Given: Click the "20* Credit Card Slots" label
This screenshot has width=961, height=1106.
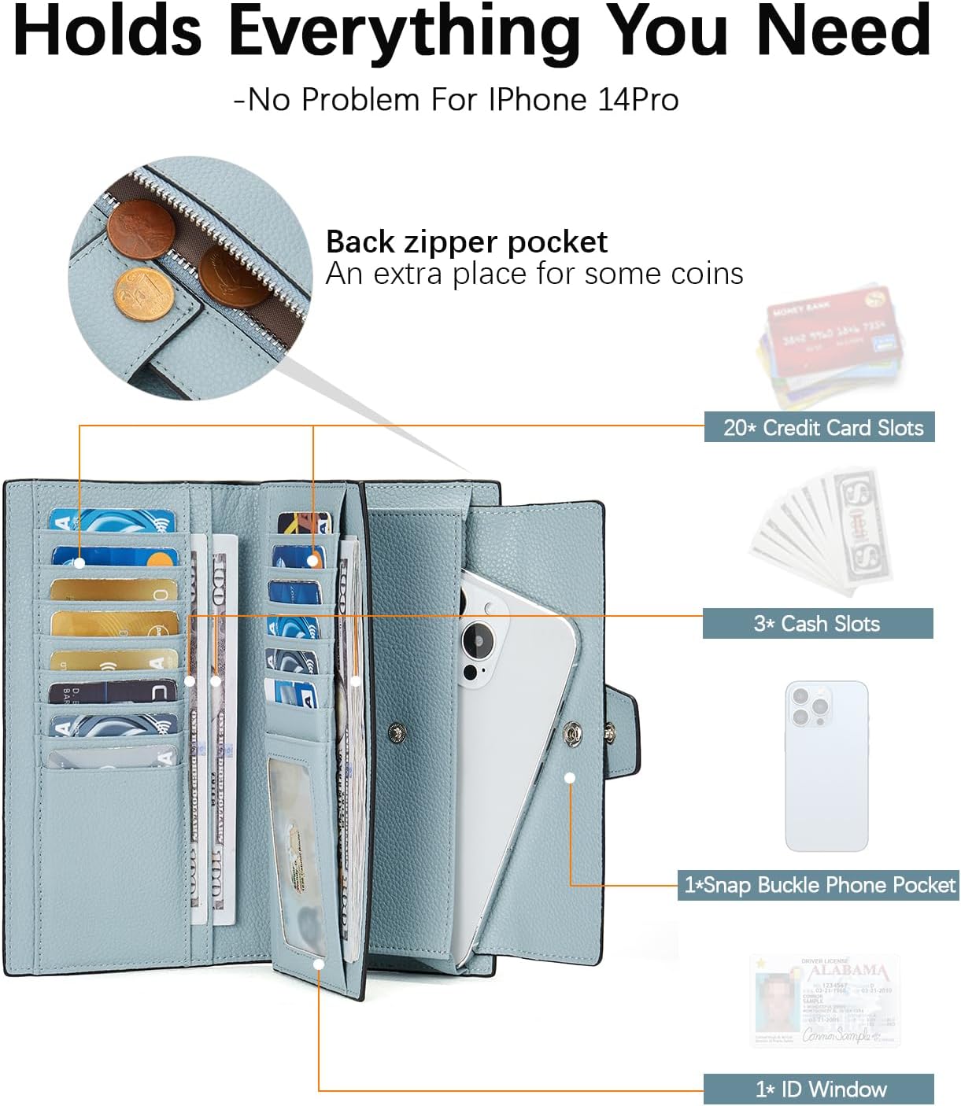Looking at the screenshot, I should coord(819,427).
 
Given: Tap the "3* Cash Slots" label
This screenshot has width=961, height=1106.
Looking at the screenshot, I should coord(817,623).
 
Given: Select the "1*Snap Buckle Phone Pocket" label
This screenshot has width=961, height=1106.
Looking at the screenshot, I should coord(819,885).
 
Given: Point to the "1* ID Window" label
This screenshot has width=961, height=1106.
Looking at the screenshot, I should coord(819,1089).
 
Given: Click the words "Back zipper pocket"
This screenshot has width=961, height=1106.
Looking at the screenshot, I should coord(467,241).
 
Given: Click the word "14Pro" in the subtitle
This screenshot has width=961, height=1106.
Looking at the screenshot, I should coord(638,100).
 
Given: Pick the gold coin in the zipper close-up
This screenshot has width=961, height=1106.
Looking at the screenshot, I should coord(144,297).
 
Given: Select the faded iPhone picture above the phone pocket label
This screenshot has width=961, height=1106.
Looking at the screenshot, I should coord(826,765).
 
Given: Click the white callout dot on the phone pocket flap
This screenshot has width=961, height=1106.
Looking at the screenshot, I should coord(570,777).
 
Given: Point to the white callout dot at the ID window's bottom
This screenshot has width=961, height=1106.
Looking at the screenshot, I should coord(319,964).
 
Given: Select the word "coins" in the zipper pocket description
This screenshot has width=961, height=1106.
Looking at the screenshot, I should coord(707,274).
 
